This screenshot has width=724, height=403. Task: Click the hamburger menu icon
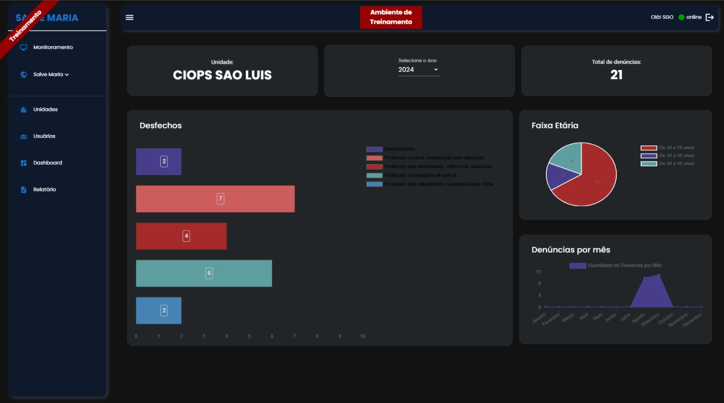(129, 18)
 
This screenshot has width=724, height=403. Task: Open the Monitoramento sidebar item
(52, 47)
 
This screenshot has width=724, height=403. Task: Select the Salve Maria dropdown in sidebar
(51, 75)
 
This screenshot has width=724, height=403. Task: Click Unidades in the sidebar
(45, 109)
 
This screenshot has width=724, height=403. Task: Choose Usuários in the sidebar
(44, 136)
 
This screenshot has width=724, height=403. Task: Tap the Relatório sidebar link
(44, 190)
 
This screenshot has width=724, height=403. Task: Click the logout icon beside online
(710, 18)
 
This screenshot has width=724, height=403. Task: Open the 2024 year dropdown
(419, 70)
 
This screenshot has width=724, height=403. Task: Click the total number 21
(616, 75)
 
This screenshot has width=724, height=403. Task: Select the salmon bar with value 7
(215, 199)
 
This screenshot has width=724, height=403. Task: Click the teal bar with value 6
(204, 273)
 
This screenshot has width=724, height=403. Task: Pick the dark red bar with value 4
(181, 236)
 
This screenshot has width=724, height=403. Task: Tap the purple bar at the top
(158, 161)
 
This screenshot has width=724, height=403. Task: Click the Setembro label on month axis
(651, 319)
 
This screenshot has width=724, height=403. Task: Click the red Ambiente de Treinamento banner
(391, 18)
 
